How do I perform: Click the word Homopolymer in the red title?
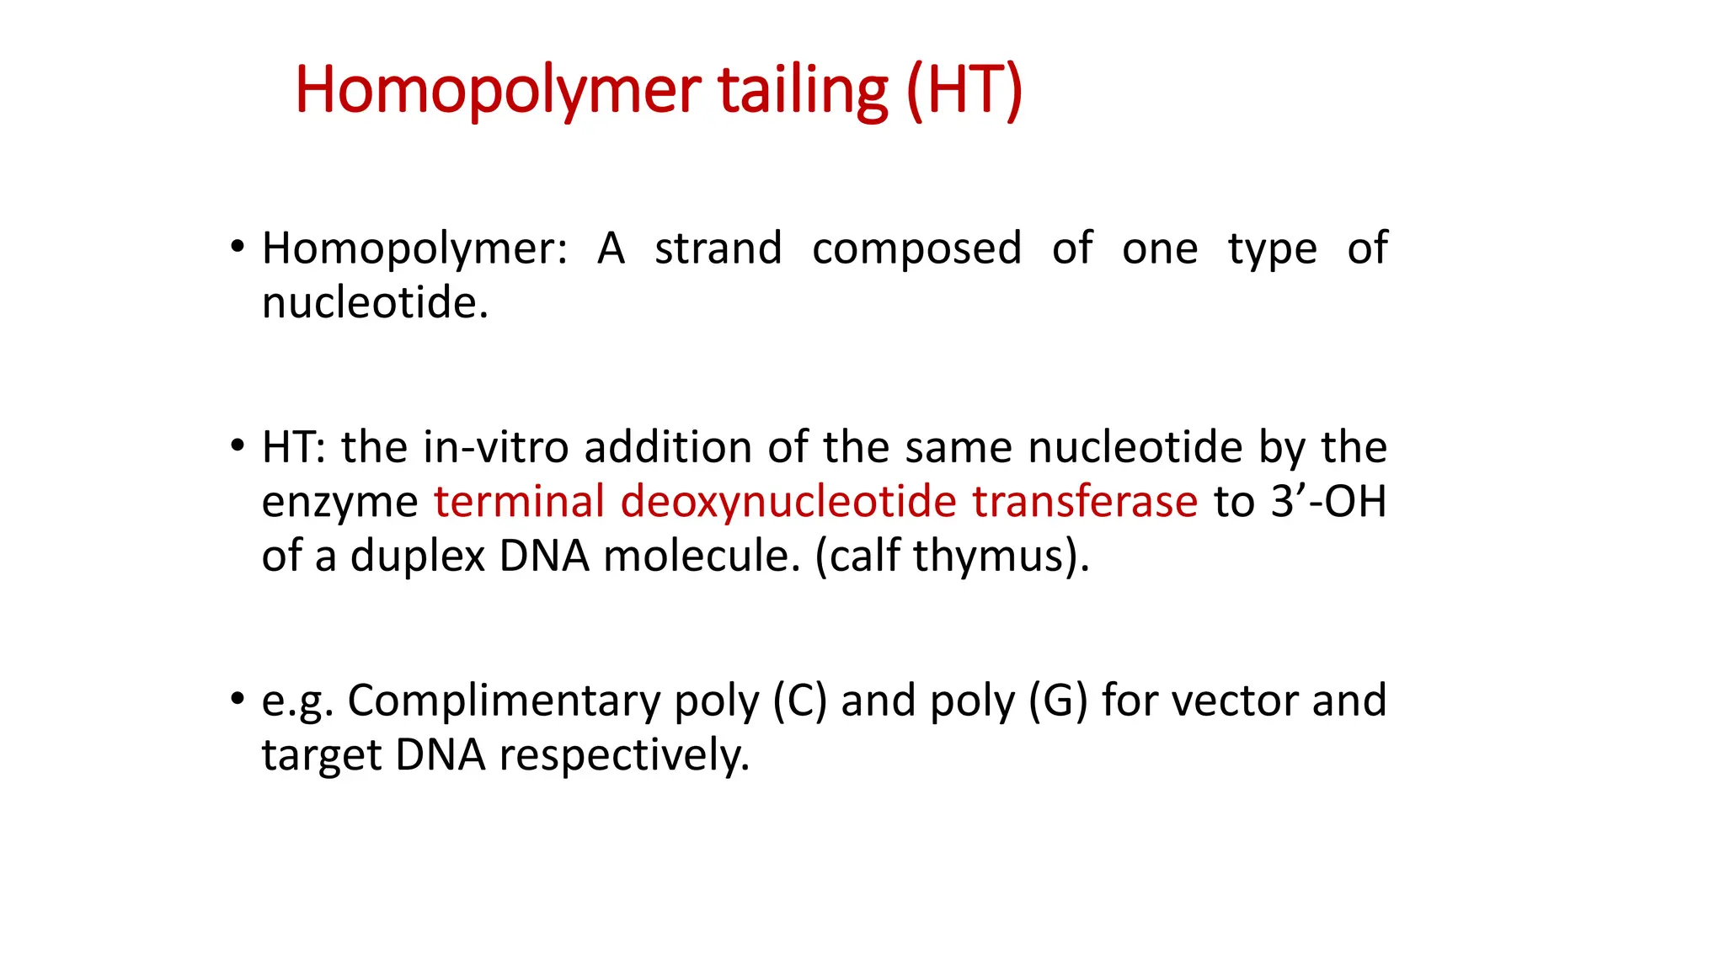coord(497,90)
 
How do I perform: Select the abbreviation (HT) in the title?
coord(964,90)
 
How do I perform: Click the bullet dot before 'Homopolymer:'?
coord(238,248)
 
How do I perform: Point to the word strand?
coord(718,249)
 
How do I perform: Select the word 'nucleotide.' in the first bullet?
coord(375,303)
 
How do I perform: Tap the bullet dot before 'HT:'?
coord(238,446)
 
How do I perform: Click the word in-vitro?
coord(496,447)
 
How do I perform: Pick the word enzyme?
coord(339,503)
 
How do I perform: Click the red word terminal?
coord(519,501)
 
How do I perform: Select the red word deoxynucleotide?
coord(788,503)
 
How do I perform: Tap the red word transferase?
coord(1085,501)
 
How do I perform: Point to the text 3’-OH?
coord(1328,501)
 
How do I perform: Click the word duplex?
coord(418,557)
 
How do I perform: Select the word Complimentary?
coord(504,701)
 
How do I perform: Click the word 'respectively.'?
coord(623,755)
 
